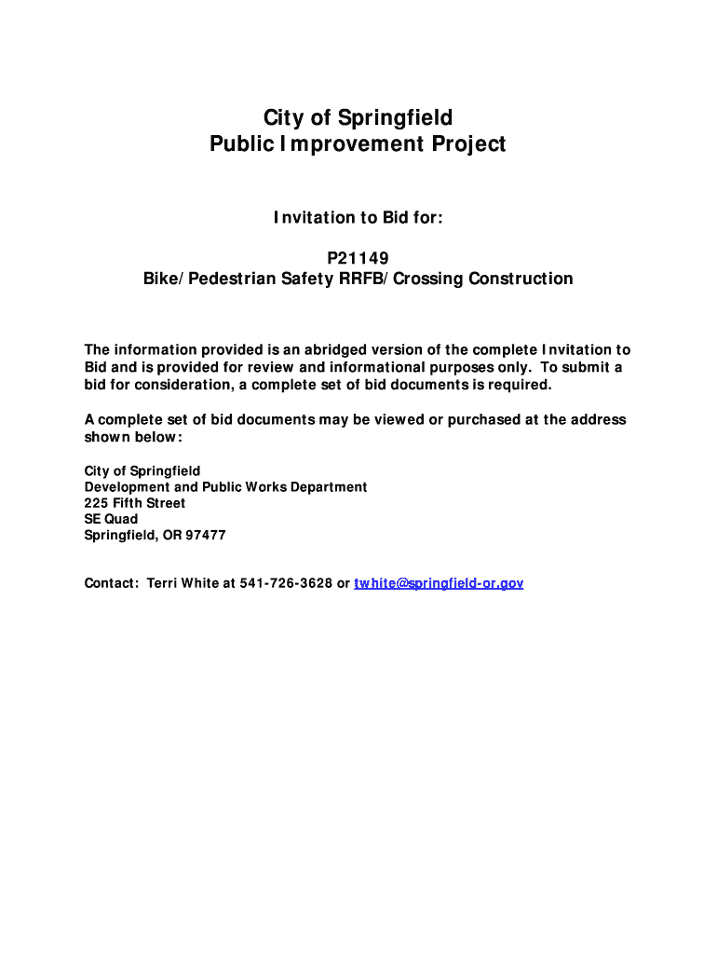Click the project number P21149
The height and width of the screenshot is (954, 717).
[358, 257]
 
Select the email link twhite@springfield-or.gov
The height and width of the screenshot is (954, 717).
[439, 583]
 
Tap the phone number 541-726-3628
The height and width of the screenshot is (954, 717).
[286, 583]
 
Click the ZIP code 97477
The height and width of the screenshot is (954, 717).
[206, 536]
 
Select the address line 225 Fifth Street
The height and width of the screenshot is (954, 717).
[135, 503]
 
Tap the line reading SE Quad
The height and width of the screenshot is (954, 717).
[111, 519]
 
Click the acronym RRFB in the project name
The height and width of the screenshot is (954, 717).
[350, 279]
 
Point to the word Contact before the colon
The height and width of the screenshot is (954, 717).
[111, 583]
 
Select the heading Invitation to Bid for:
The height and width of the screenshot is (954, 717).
[358, 218]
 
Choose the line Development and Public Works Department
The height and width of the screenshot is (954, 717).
[225, 487]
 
